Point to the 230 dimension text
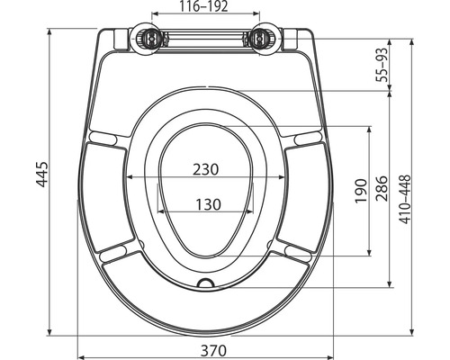point(207,168)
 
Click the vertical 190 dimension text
point(357,190)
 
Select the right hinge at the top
point(261,38)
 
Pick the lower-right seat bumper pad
point(296,251)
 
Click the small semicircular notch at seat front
point(207,284)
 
